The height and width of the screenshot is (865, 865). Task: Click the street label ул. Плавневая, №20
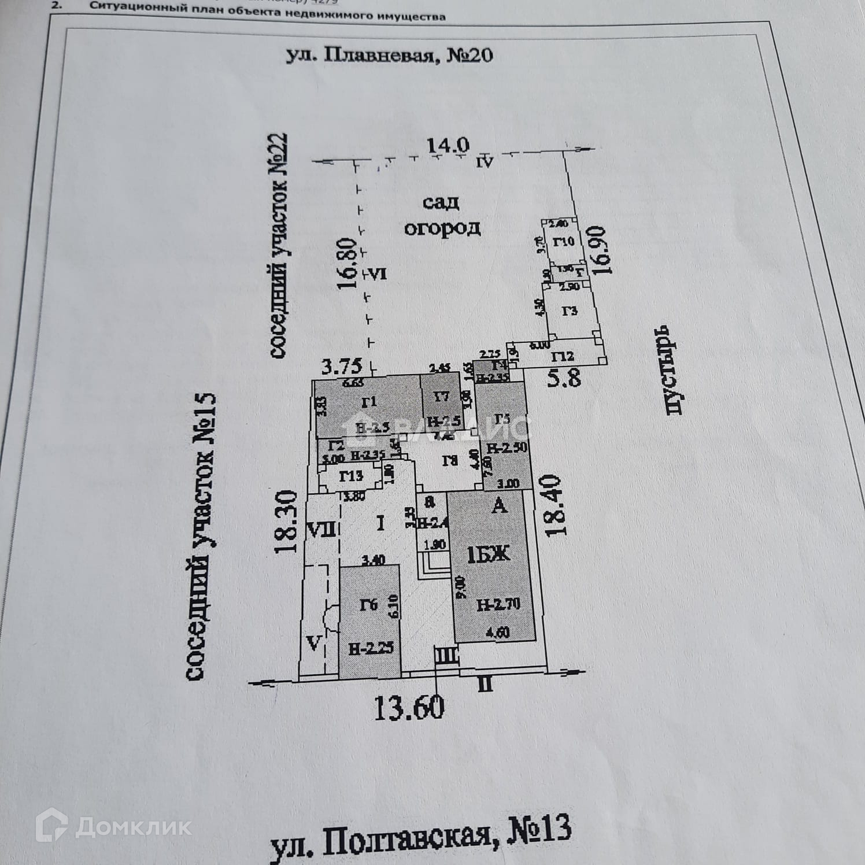390,56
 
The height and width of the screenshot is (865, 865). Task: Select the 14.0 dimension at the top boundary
448,146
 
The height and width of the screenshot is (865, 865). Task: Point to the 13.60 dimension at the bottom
409,707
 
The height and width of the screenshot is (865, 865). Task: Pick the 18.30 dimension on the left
287,522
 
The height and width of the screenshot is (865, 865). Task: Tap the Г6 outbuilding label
368,605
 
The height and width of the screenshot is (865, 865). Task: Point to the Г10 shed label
564,241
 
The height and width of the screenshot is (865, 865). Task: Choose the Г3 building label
570,311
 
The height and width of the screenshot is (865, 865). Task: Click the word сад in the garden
441,202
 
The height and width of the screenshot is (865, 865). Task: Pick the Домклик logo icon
52,825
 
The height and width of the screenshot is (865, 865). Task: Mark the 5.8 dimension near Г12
564,379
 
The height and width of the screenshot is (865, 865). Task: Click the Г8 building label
449,461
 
